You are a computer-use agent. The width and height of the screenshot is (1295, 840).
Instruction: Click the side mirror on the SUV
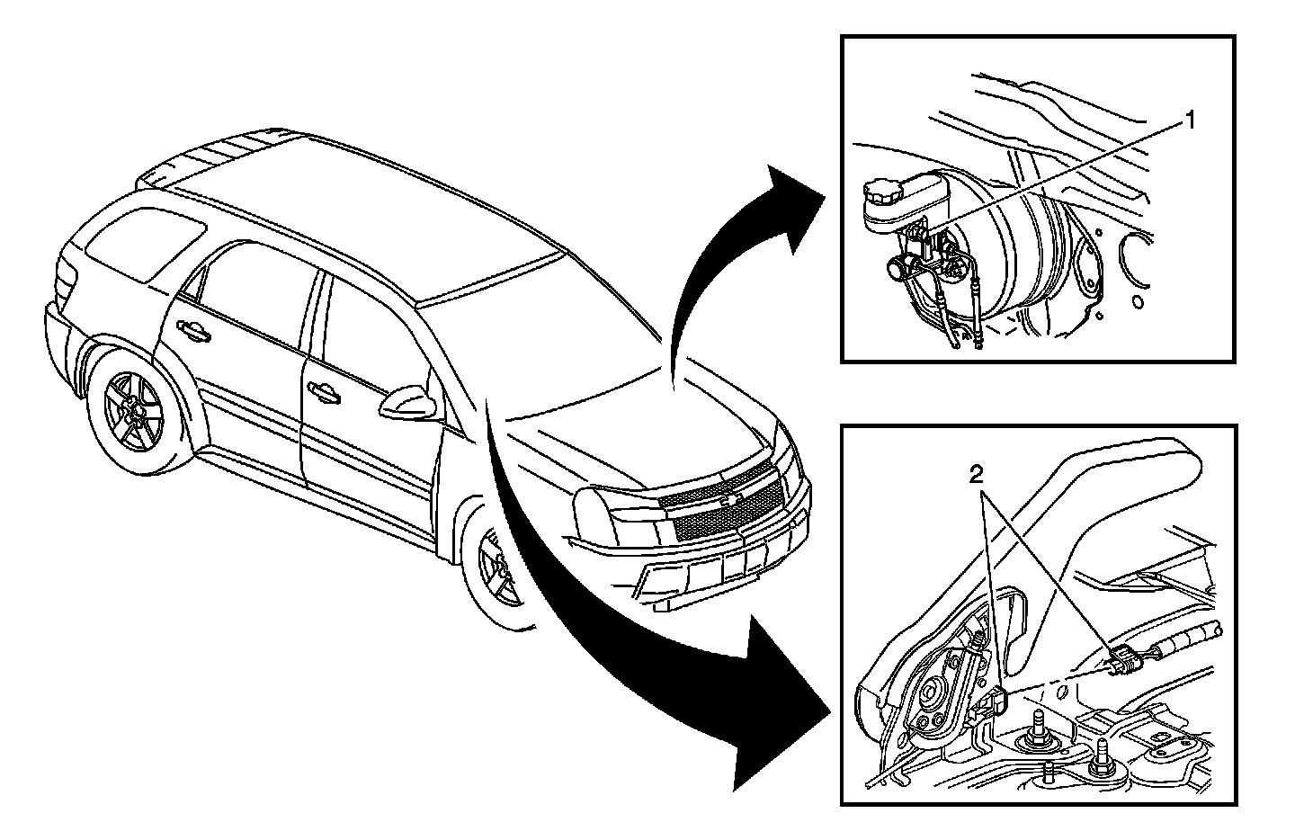(409, 403)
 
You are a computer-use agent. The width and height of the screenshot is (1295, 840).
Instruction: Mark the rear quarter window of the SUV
(144, 238)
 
